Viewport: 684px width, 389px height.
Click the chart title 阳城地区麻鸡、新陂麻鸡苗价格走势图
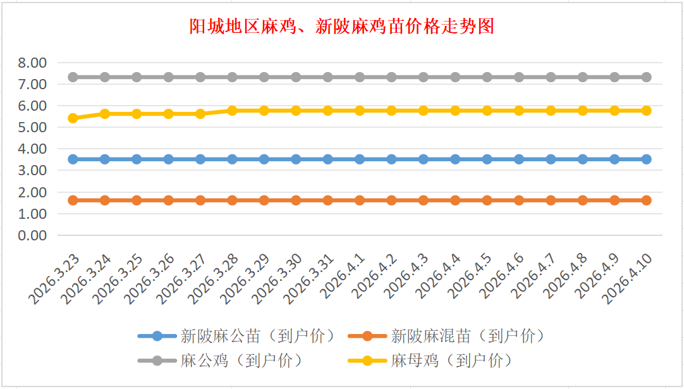coord(341,27)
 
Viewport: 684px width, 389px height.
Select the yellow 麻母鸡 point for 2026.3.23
coord(73,118)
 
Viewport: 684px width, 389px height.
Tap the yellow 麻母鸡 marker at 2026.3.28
coord(232,110)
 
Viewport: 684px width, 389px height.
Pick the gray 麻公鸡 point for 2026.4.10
coord(646,77)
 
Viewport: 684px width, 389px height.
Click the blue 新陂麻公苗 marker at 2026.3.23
coord(73,159)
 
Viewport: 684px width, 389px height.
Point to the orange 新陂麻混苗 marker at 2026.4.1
coord(360,201)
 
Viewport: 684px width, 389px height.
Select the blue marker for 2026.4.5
coord(487,159)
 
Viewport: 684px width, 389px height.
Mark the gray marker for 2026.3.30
coord(296,77)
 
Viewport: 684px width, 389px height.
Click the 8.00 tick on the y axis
coord(33,63)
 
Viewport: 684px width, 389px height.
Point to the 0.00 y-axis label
coord(33,235)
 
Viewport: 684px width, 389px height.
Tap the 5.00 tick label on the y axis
coord(33,127)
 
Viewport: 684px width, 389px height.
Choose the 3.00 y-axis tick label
coord(33,170)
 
